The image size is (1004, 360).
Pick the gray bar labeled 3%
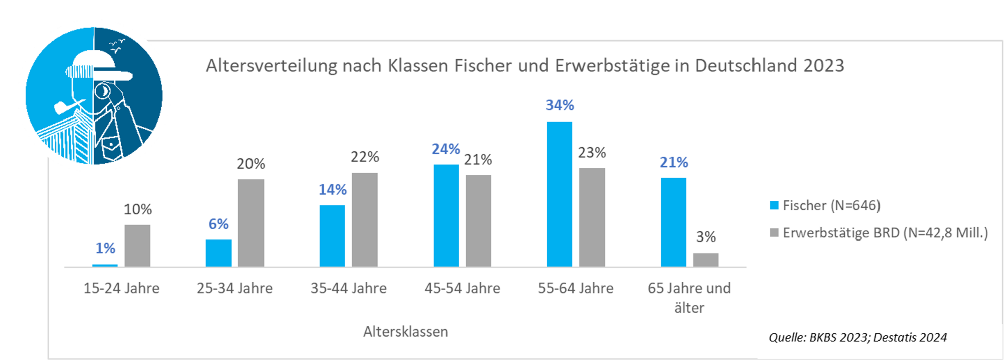tap(706, 260)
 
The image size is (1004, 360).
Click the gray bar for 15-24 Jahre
tap(138, 246)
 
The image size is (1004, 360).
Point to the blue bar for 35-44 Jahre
tap(332, 235)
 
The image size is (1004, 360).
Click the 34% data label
tap(560, 105)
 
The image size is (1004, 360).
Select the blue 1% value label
tap(105, 248)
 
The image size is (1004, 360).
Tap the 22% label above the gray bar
tap(364, 157)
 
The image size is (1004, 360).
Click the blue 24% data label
tap(446, 149)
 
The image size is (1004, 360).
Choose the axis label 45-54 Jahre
tap(462, 288)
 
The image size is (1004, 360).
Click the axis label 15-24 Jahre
tap(121, 288)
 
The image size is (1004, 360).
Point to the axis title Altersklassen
tap(406, 332)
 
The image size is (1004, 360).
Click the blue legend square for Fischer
tap(774, 205)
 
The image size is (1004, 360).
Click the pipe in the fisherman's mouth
tap(65, 107)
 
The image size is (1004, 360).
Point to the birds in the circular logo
tap(117, 46)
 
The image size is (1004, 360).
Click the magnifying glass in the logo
tap(103, 91)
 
